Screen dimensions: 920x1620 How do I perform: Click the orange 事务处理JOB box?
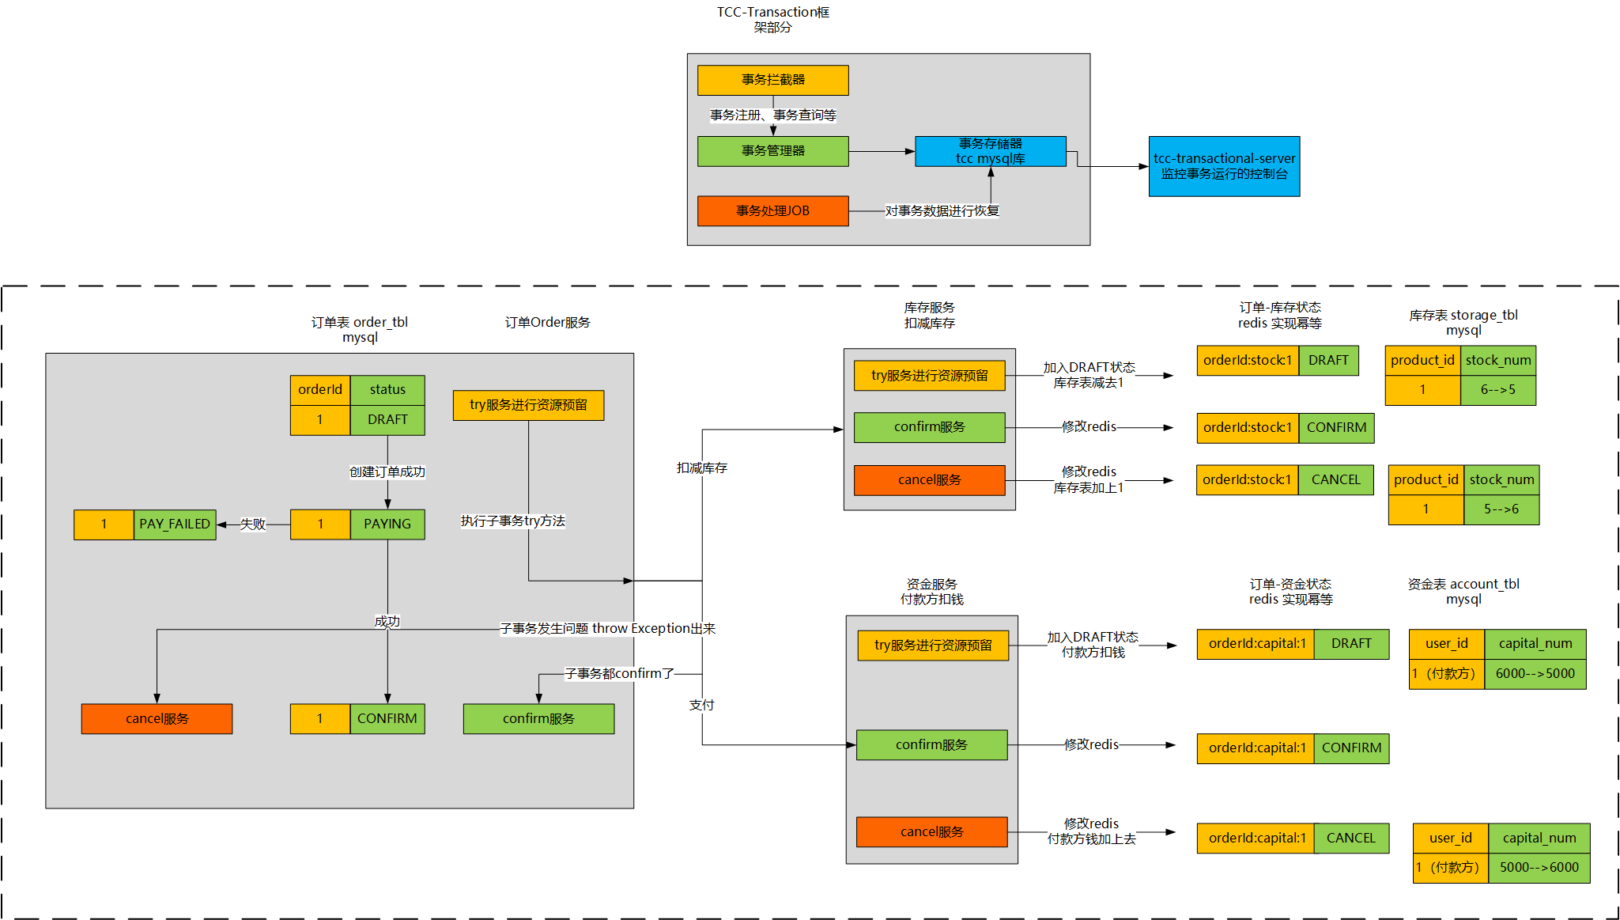click(x=772, y=211)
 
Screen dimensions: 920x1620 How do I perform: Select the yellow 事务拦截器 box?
click(x=772, y=80)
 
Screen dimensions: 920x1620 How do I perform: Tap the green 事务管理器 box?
click(x=772, y=151)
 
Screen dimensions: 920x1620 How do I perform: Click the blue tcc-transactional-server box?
click(x=1223, y=166)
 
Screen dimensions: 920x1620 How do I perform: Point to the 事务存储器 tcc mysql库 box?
click(x=990, y=151)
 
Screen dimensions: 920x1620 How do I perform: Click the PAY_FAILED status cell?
click(x=175, y=524)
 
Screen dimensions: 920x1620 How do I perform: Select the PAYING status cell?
click(x=387, y=524)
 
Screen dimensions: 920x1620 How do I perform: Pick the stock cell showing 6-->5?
click(x=1497, y=390)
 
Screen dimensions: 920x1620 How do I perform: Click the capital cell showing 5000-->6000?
click(x=1539, y=868)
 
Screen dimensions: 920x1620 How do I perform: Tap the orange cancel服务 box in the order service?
click(x=157, y=719)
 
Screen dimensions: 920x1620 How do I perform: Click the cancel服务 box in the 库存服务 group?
click(x=929, y=480)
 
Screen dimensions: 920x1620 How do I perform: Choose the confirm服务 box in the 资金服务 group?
click(x=931, y=745)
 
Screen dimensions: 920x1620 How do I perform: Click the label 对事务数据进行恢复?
click(x=942, y=211)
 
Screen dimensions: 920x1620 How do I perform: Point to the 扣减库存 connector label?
click(x=701, y=468)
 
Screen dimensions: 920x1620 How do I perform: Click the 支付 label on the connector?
click(x=701, y=705)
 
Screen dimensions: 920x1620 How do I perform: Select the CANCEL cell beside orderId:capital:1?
click(x=1350, y=839)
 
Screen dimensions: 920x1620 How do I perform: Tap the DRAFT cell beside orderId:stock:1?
click(x=1328, y=361)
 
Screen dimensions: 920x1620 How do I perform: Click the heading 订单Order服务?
click(x=547, y=323)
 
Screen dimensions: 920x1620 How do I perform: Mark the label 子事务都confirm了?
click(x=619, y=674)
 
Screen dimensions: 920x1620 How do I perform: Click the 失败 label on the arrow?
click(x=252, y=524)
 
